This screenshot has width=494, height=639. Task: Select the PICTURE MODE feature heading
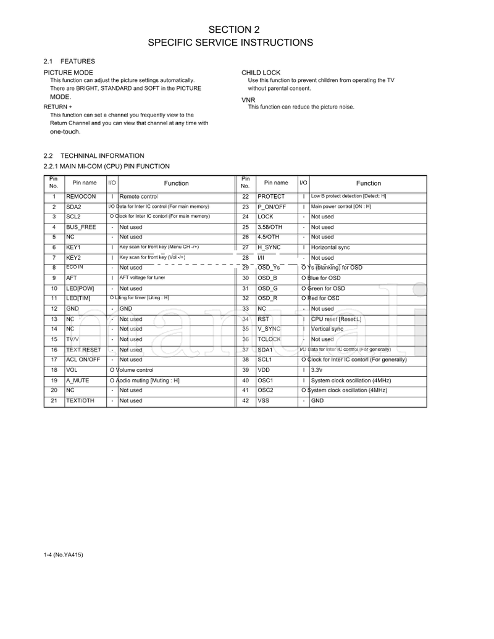(x=68, y=73)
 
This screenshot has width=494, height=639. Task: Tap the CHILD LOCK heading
(x=261, y=73)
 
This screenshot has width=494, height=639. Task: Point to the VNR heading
(x=248, y=99)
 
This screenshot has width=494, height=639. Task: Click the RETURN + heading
(x=57, y=107)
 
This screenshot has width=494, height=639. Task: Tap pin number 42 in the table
(x=245, y=401)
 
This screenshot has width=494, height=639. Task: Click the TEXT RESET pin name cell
(x=83, y=350)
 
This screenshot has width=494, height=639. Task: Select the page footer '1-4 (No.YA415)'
(x=63, y=555)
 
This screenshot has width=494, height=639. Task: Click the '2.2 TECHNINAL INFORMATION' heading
(x=94, y=156)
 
